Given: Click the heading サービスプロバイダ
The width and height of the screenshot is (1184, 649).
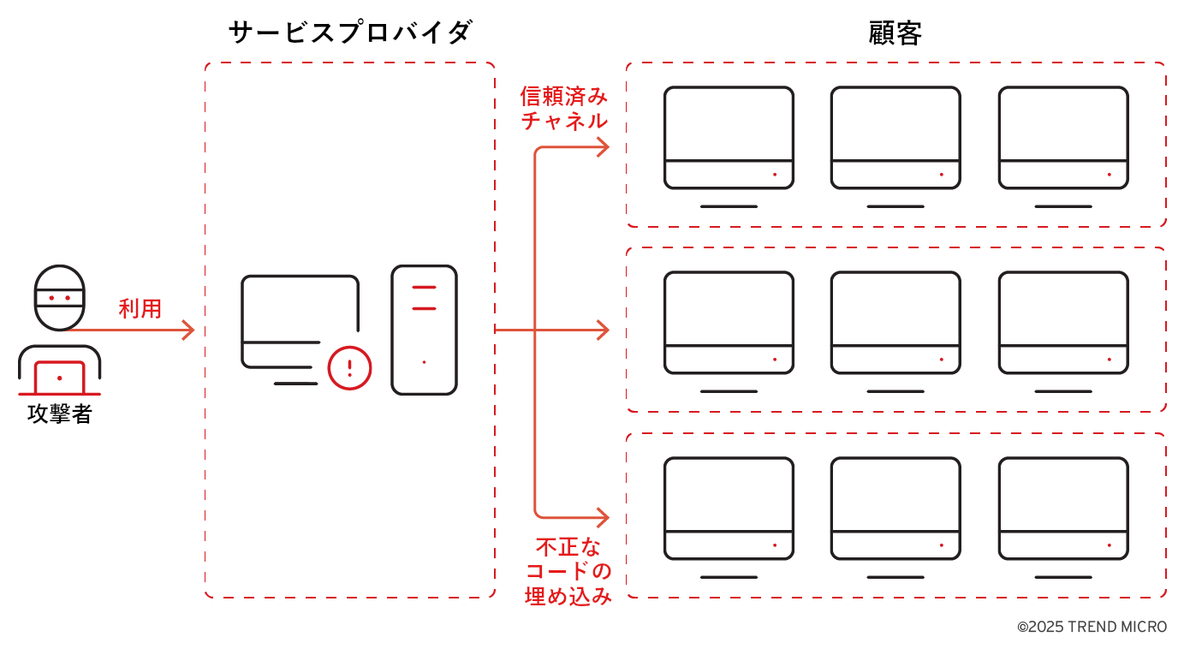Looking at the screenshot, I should [350, 33].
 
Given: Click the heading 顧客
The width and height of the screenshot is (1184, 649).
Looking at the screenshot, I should [895, 33].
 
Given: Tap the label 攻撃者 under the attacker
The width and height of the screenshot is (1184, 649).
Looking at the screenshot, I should [59, 414].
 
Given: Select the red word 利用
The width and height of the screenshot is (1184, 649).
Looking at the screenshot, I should [140, 308].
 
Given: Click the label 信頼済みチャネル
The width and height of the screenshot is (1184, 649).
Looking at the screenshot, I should [564, 108].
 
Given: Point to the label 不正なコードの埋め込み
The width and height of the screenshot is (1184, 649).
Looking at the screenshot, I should [568, 571].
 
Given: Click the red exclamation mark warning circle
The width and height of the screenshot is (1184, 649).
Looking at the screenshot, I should [349, 368].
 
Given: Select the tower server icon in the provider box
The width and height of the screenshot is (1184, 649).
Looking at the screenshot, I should [424, 330].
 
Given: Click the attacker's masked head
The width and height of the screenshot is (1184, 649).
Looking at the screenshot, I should [59, 297].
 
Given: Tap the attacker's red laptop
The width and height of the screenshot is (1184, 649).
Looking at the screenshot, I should [59, 378].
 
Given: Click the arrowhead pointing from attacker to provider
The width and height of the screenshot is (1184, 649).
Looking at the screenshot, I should [189, 330].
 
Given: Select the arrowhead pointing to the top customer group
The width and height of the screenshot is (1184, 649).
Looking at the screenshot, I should [603, 147].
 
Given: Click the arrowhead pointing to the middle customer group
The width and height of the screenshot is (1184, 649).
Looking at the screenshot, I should [603, 330].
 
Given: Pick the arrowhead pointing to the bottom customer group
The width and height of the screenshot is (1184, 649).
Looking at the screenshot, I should [603, 517].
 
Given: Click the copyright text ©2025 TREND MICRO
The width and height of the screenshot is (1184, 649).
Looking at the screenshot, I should [1092, 627].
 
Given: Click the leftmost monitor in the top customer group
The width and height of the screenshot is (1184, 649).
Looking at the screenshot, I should [729, 138].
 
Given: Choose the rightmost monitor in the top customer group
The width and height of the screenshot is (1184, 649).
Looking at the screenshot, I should [1062, 138].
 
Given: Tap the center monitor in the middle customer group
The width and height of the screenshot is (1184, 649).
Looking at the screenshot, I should [895, 323].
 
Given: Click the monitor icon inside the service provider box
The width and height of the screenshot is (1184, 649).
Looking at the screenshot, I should [300, 321].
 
